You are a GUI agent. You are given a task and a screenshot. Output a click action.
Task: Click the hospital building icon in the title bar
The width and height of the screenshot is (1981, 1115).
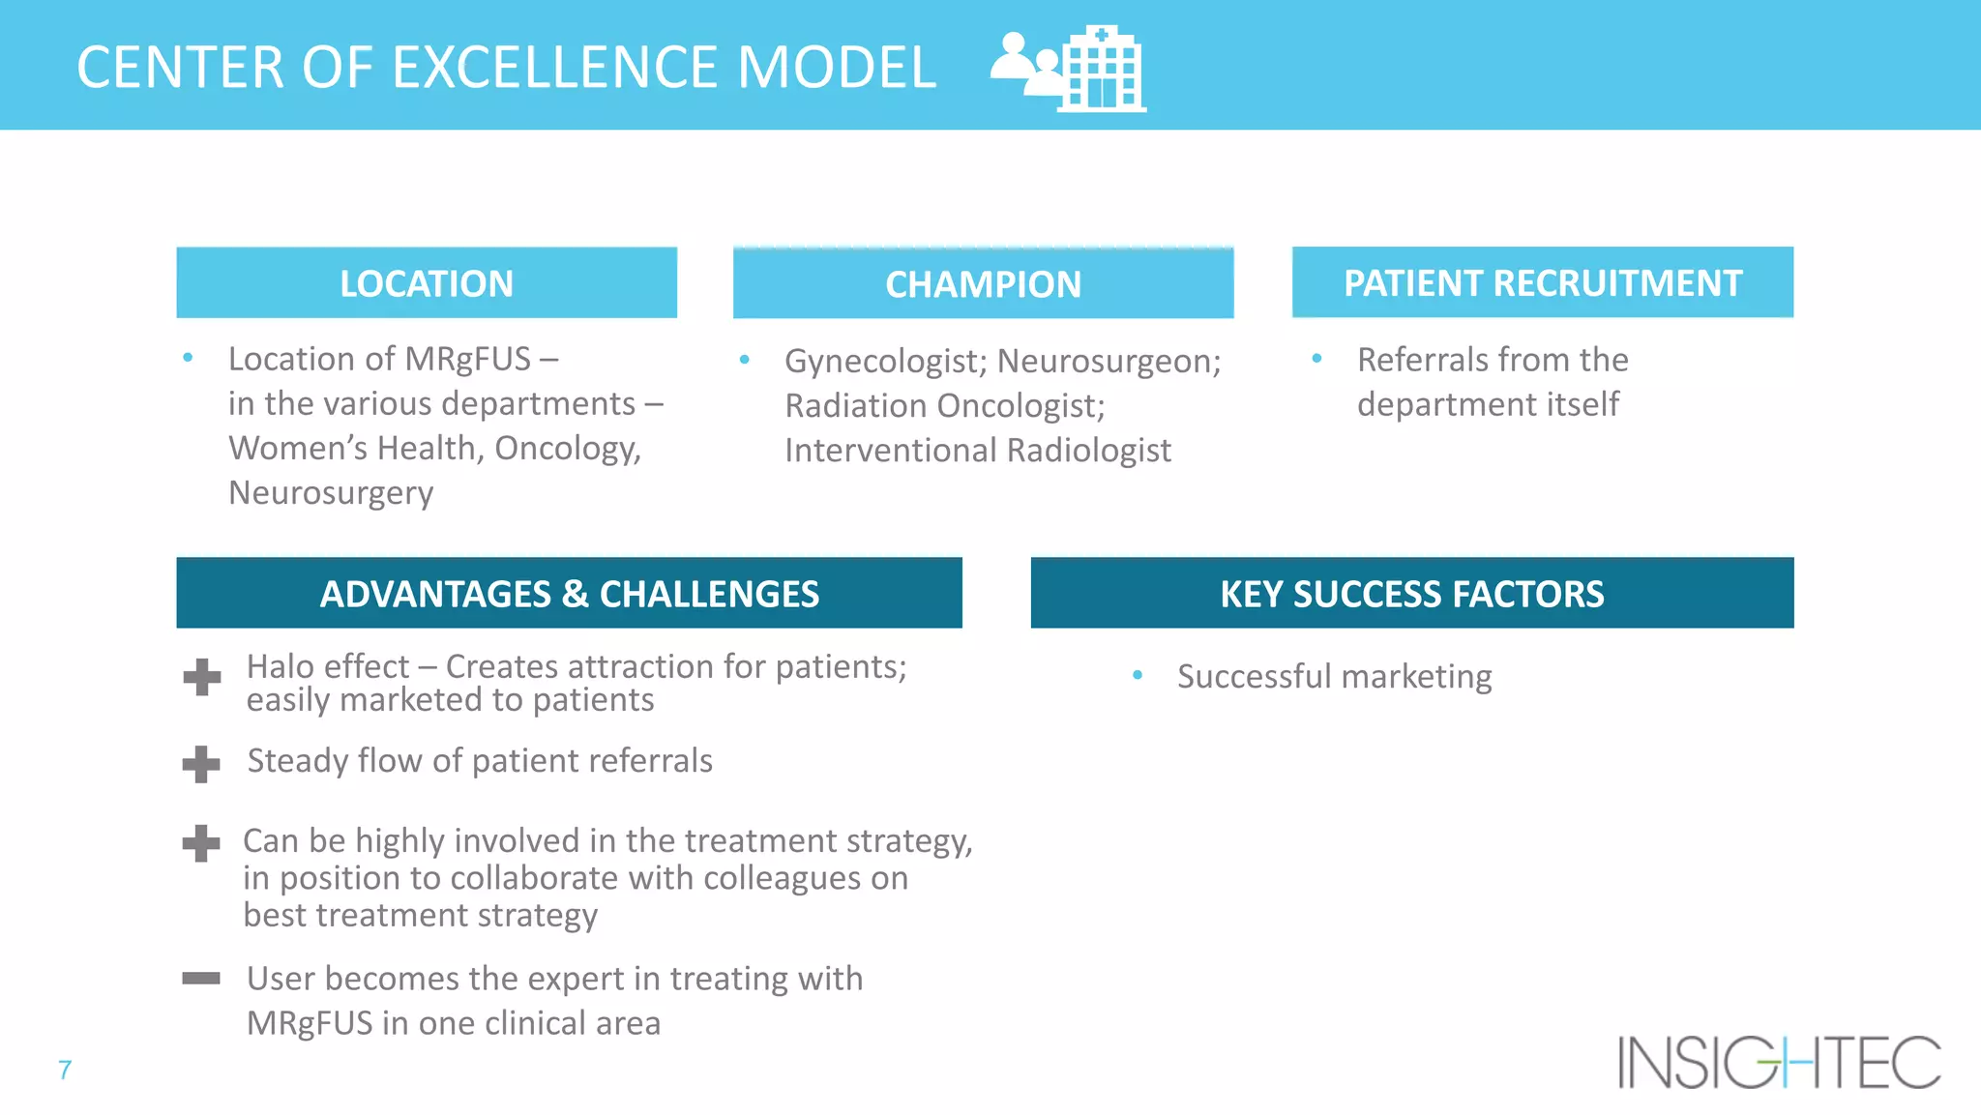pos(1103,70)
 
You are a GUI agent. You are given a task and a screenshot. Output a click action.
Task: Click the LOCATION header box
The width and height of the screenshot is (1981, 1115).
pos(427,283)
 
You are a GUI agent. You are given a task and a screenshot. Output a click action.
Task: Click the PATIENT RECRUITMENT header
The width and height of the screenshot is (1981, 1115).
pos(1542,283)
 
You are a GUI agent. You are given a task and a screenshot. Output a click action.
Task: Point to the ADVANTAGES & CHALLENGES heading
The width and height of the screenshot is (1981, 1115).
pos(569,593)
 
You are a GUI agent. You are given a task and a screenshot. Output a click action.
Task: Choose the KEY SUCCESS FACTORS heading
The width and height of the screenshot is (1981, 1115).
pos(1411,593)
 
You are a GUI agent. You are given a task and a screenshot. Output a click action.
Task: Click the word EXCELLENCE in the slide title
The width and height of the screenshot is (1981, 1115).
pos(557,68)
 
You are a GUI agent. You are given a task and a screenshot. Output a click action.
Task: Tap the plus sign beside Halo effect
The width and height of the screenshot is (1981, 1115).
pos(201,677)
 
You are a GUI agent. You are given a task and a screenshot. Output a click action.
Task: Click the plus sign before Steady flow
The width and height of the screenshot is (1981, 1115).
pos(201,764)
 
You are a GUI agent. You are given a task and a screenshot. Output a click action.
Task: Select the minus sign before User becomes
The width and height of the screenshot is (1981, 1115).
pos(201,979)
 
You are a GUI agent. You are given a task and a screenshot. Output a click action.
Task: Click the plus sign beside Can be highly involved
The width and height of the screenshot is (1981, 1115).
pos(201,843)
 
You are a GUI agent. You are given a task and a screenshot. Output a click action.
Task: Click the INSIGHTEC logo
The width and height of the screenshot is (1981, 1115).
pos(1779,1062)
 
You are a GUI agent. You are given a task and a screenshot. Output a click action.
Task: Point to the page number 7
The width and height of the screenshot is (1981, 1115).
pos(65,1070)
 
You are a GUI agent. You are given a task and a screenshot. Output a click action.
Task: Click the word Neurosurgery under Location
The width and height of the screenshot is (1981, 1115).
pos(331,493)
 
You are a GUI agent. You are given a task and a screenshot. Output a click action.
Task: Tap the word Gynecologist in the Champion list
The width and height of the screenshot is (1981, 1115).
pos(884,361)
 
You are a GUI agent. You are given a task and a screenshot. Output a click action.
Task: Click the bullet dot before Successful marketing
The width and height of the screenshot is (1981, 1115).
pos(1138,675)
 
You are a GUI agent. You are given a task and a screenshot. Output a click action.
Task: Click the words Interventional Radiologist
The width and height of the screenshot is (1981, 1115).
pos(977,451)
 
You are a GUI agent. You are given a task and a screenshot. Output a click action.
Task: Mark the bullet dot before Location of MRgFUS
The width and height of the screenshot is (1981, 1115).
pos(188,358)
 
